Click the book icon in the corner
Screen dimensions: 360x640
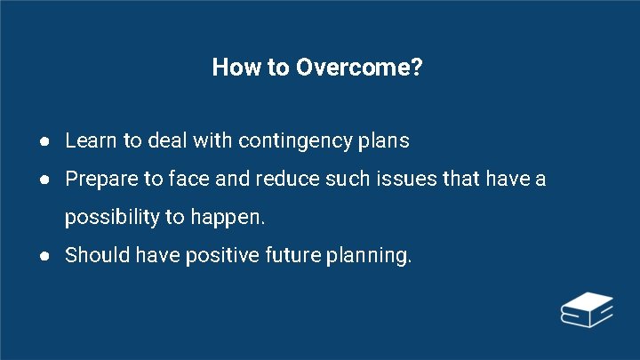[587, 309]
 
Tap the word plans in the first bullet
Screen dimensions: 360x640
[382, 141]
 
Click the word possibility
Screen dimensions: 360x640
[111, 218]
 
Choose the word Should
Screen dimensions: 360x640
[95, 256]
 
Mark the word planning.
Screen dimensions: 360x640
[369, 257]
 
